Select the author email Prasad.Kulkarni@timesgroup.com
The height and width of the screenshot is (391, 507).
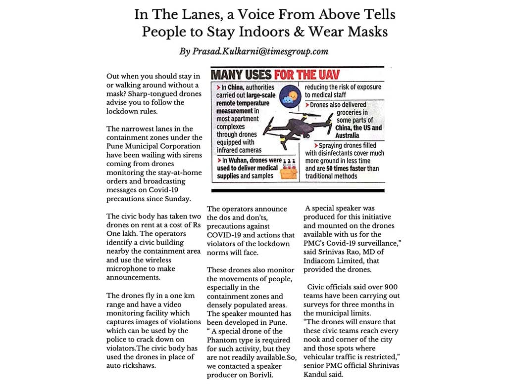click(x=254, y=51)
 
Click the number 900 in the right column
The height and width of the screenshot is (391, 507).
click(x=388, y=287)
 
